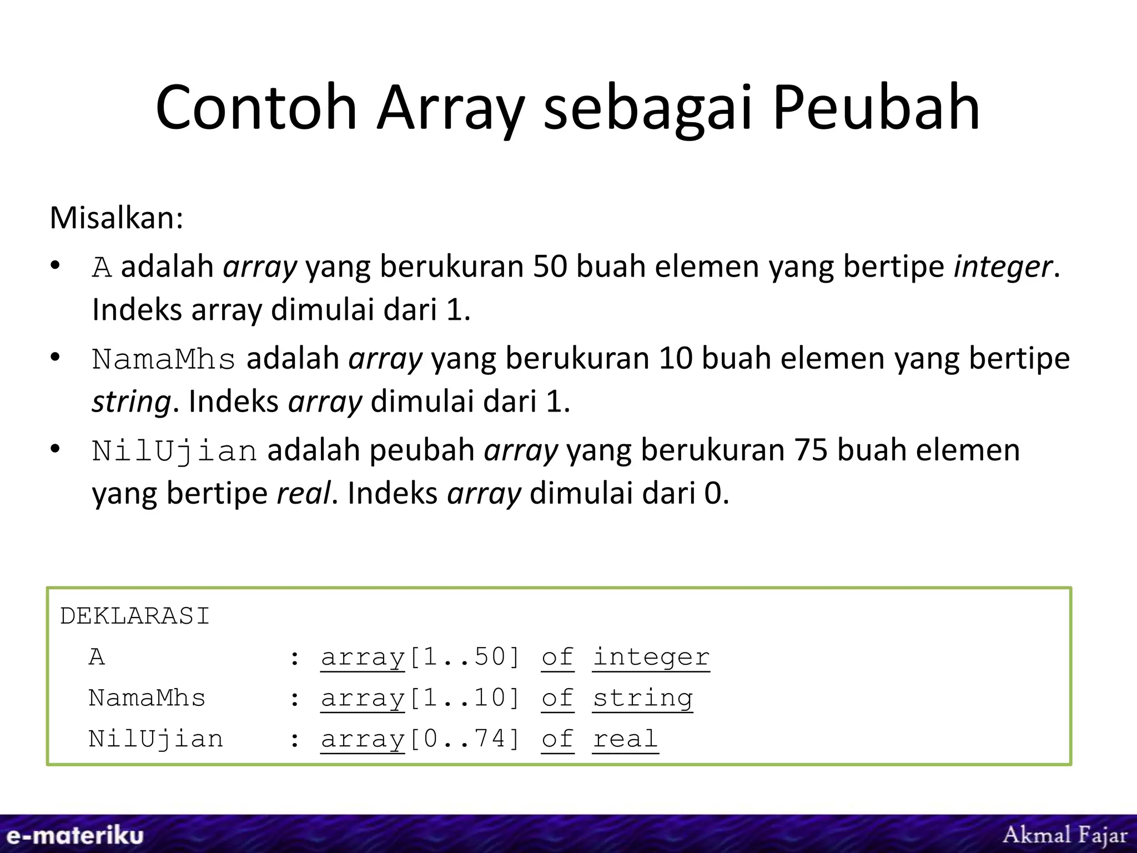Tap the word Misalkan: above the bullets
[x=117, y=218]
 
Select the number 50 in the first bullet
[x=550, y=267]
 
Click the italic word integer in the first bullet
[x=1002, y=267]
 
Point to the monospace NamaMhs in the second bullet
[x=164, y=359]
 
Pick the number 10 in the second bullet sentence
[x=676, y=359]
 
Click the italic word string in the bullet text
[x=132, y=402]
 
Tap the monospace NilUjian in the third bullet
[x=174, y=450]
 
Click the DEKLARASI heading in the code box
[x=135, y=616]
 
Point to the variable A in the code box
[x=97, y=658]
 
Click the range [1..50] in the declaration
[x=464, y=658]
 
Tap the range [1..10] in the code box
[x=464, y=699]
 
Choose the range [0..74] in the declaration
[x=464, y=740]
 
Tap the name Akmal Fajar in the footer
[x=1065, y=835]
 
